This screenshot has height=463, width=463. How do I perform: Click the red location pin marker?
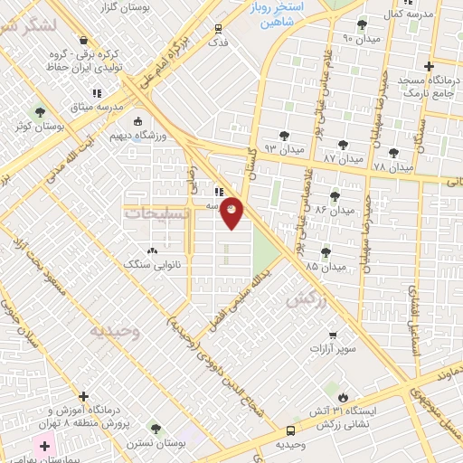(232, 213)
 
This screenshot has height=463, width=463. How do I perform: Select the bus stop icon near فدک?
(218, 29)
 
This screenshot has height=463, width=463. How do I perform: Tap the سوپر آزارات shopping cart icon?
(333, 335)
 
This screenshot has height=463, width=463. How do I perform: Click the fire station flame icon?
(343, 397)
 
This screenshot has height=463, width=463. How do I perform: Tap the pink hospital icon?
(44, 446)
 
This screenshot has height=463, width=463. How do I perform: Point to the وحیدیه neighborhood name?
(116, 331)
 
